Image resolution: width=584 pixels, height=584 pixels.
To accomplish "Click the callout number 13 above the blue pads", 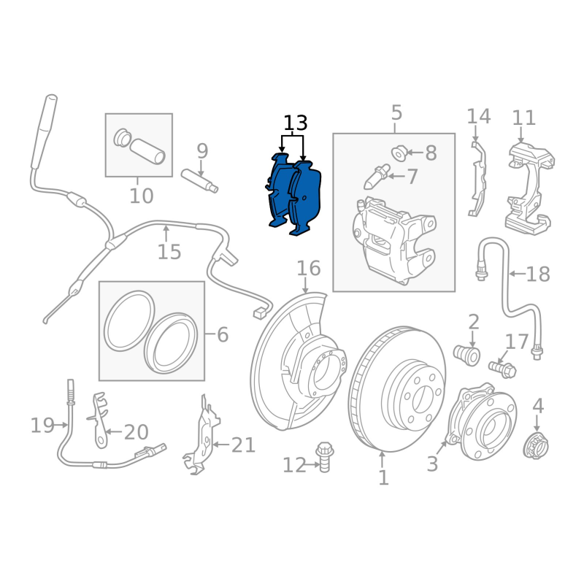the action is coord(296,123).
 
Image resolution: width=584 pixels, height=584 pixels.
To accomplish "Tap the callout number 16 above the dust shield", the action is coord(308,268).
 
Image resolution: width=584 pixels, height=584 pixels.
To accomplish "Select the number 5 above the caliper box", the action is coord(396,112).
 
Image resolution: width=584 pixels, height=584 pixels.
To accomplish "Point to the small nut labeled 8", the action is coord(399,153).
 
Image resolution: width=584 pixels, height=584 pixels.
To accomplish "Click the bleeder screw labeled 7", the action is coord(377,176).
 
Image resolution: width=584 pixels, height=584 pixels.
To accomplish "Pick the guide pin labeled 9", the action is coord(199,181).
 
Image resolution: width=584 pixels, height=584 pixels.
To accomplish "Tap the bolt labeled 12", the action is coord(324,457).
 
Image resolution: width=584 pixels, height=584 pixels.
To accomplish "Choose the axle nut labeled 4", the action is coord(536,446).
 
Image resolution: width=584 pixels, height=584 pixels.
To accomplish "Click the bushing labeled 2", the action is coord(466,355).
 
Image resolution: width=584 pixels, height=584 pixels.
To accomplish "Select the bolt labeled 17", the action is coord(502,369).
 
